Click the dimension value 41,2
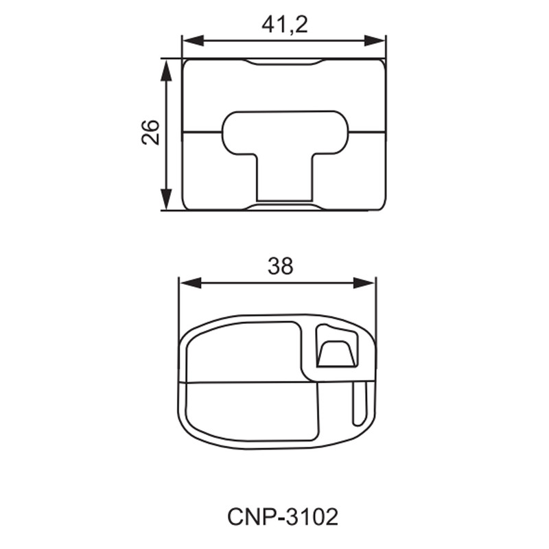click(x=284, y=25)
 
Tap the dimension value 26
click(x=150, y=132)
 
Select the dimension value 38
click(x=280, y=266)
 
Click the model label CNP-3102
click(x=283, y=517)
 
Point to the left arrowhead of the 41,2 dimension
click(x=194, y=40)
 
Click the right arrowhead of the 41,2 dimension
click(x=375, y=40)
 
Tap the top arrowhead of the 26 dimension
click(x=166, y=70)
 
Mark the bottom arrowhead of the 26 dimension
click(x=166, y=200)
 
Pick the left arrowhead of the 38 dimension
click(x=190, y=283)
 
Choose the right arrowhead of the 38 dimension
click(x=364, y=283)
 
